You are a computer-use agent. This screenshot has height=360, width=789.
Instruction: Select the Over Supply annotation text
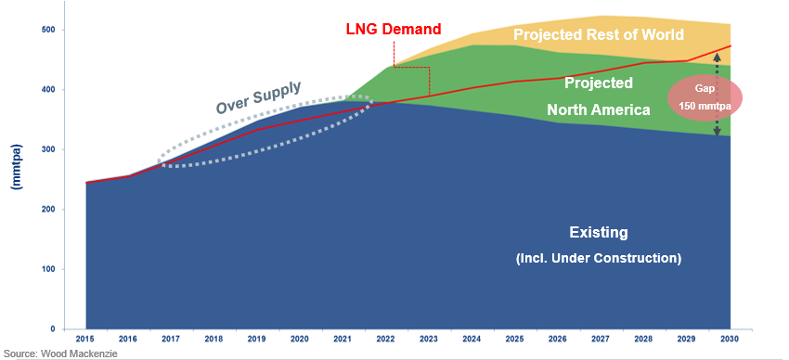pyautogui.click(x=259, y=97)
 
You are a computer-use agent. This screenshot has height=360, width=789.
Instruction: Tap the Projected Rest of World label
pyautogui.click(x=599, y=35)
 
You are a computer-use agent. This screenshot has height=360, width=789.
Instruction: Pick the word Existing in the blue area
pyautogui.click(x=598, y=232)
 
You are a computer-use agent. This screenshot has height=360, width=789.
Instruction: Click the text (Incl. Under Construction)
pyautogui.click(x=598, y=257)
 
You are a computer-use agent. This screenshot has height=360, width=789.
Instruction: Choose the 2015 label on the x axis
pyautogui.click(x=85, y=341)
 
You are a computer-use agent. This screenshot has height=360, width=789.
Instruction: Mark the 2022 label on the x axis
pyautogui.click(x=386, y=341)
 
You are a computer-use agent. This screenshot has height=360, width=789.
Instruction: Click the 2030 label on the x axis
pyautogui.click(x=730, y=341)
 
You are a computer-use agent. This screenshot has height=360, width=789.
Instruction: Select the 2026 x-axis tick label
pyautogui.click(x=558, y=341)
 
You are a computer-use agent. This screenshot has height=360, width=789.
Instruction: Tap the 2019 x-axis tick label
pyautogui.click(x=257, y=341)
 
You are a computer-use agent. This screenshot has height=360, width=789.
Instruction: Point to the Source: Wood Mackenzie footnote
pyautogui.click(x=60, y=354)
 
